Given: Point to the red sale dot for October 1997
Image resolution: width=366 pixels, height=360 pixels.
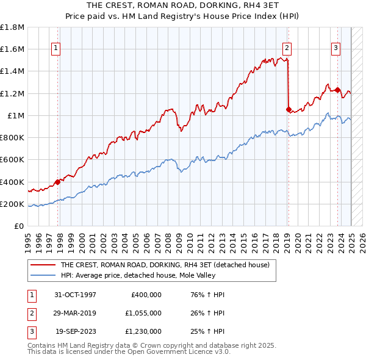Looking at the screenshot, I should tap(58, 181).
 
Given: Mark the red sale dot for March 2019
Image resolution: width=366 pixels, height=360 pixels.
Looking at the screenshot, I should tap(289, 109).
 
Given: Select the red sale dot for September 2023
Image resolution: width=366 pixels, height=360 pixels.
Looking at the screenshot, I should tap(337, 90).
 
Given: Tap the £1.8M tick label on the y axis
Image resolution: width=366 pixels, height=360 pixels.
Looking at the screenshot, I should tap(12, 27).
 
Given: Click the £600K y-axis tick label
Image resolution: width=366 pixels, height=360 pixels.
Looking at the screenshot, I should tap(12, 159).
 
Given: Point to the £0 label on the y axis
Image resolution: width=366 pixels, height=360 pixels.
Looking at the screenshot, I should tap(18, 226).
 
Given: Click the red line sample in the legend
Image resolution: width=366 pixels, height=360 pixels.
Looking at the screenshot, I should tap(43, 265).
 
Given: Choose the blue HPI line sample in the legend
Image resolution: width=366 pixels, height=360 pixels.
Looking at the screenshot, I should tap(43, 275).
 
